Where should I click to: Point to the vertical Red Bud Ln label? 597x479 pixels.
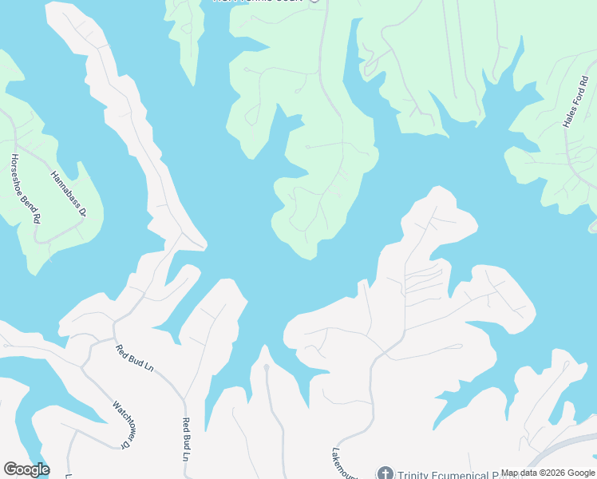(186, 441)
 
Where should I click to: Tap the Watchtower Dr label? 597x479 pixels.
(120, 424)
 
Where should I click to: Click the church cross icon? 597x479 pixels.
(385, 473)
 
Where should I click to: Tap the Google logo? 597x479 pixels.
(26, 469)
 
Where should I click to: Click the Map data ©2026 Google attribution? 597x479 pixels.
(548, 473)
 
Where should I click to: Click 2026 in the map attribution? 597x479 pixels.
(548, 473)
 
